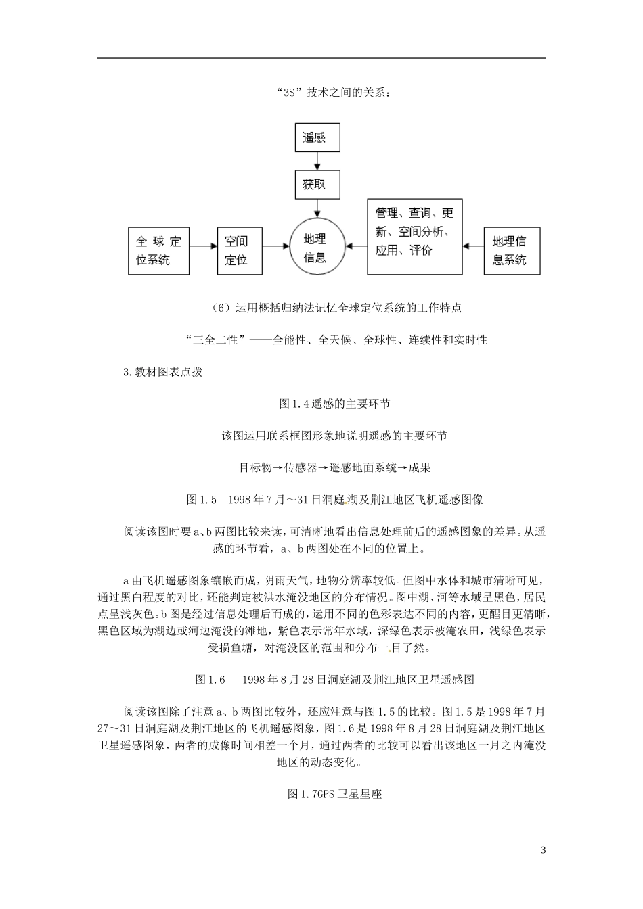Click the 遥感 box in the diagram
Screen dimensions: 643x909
[315, 137]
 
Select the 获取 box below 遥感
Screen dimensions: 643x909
[315, 184]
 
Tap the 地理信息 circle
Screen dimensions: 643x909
[315, 248]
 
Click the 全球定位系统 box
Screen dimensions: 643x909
[158, 250]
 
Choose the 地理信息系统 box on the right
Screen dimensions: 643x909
[512, 250]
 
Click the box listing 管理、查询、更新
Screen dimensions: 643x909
[414, 236]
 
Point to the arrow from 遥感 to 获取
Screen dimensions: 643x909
[315, 161]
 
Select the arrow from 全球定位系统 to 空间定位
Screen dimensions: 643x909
[203, 248]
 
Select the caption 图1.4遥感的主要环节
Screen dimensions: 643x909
[334, 404]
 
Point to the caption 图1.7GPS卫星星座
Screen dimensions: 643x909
[334, 794]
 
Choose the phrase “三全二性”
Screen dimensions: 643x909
[213, 340]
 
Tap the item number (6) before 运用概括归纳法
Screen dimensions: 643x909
[222, 308]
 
